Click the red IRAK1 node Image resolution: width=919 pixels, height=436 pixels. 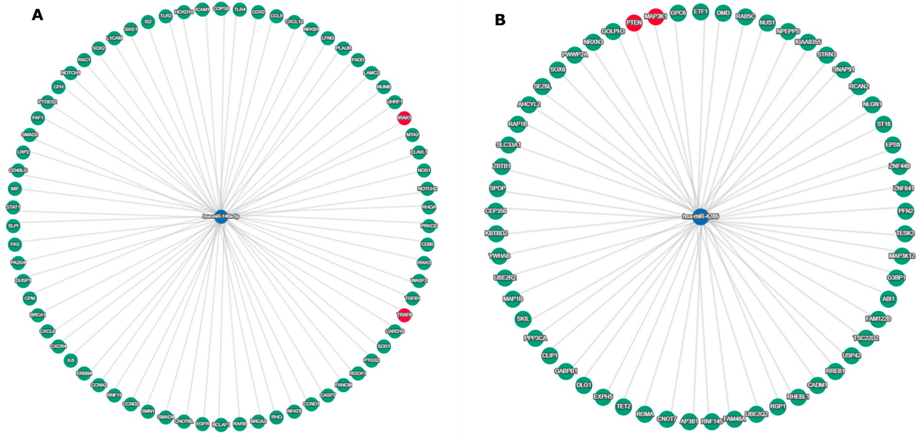[x=404, y=118]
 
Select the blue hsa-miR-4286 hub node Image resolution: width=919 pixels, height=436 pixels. [x=700, y=217]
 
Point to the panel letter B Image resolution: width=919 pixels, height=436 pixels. [x=500, y=20]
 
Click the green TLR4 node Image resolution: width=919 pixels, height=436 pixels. [x=240, y=10]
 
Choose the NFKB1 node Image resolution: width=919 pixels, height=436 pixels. [x=311, y=29]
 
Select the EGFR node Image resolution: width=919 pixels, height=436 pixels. [x=203, y=424]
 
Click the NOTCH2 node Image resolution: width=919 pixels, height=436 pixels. [x=427, y=189]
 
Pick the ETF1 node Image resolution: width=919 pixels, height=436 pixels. [x=700, y=12]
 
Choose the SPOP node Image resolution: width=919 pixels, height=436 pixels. [x=497, y=189]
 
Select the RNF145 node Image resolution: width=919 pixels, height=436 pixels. [x=712, y=421]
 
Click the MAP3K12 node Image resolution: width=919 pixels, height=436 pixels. [x=902, y=256]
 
